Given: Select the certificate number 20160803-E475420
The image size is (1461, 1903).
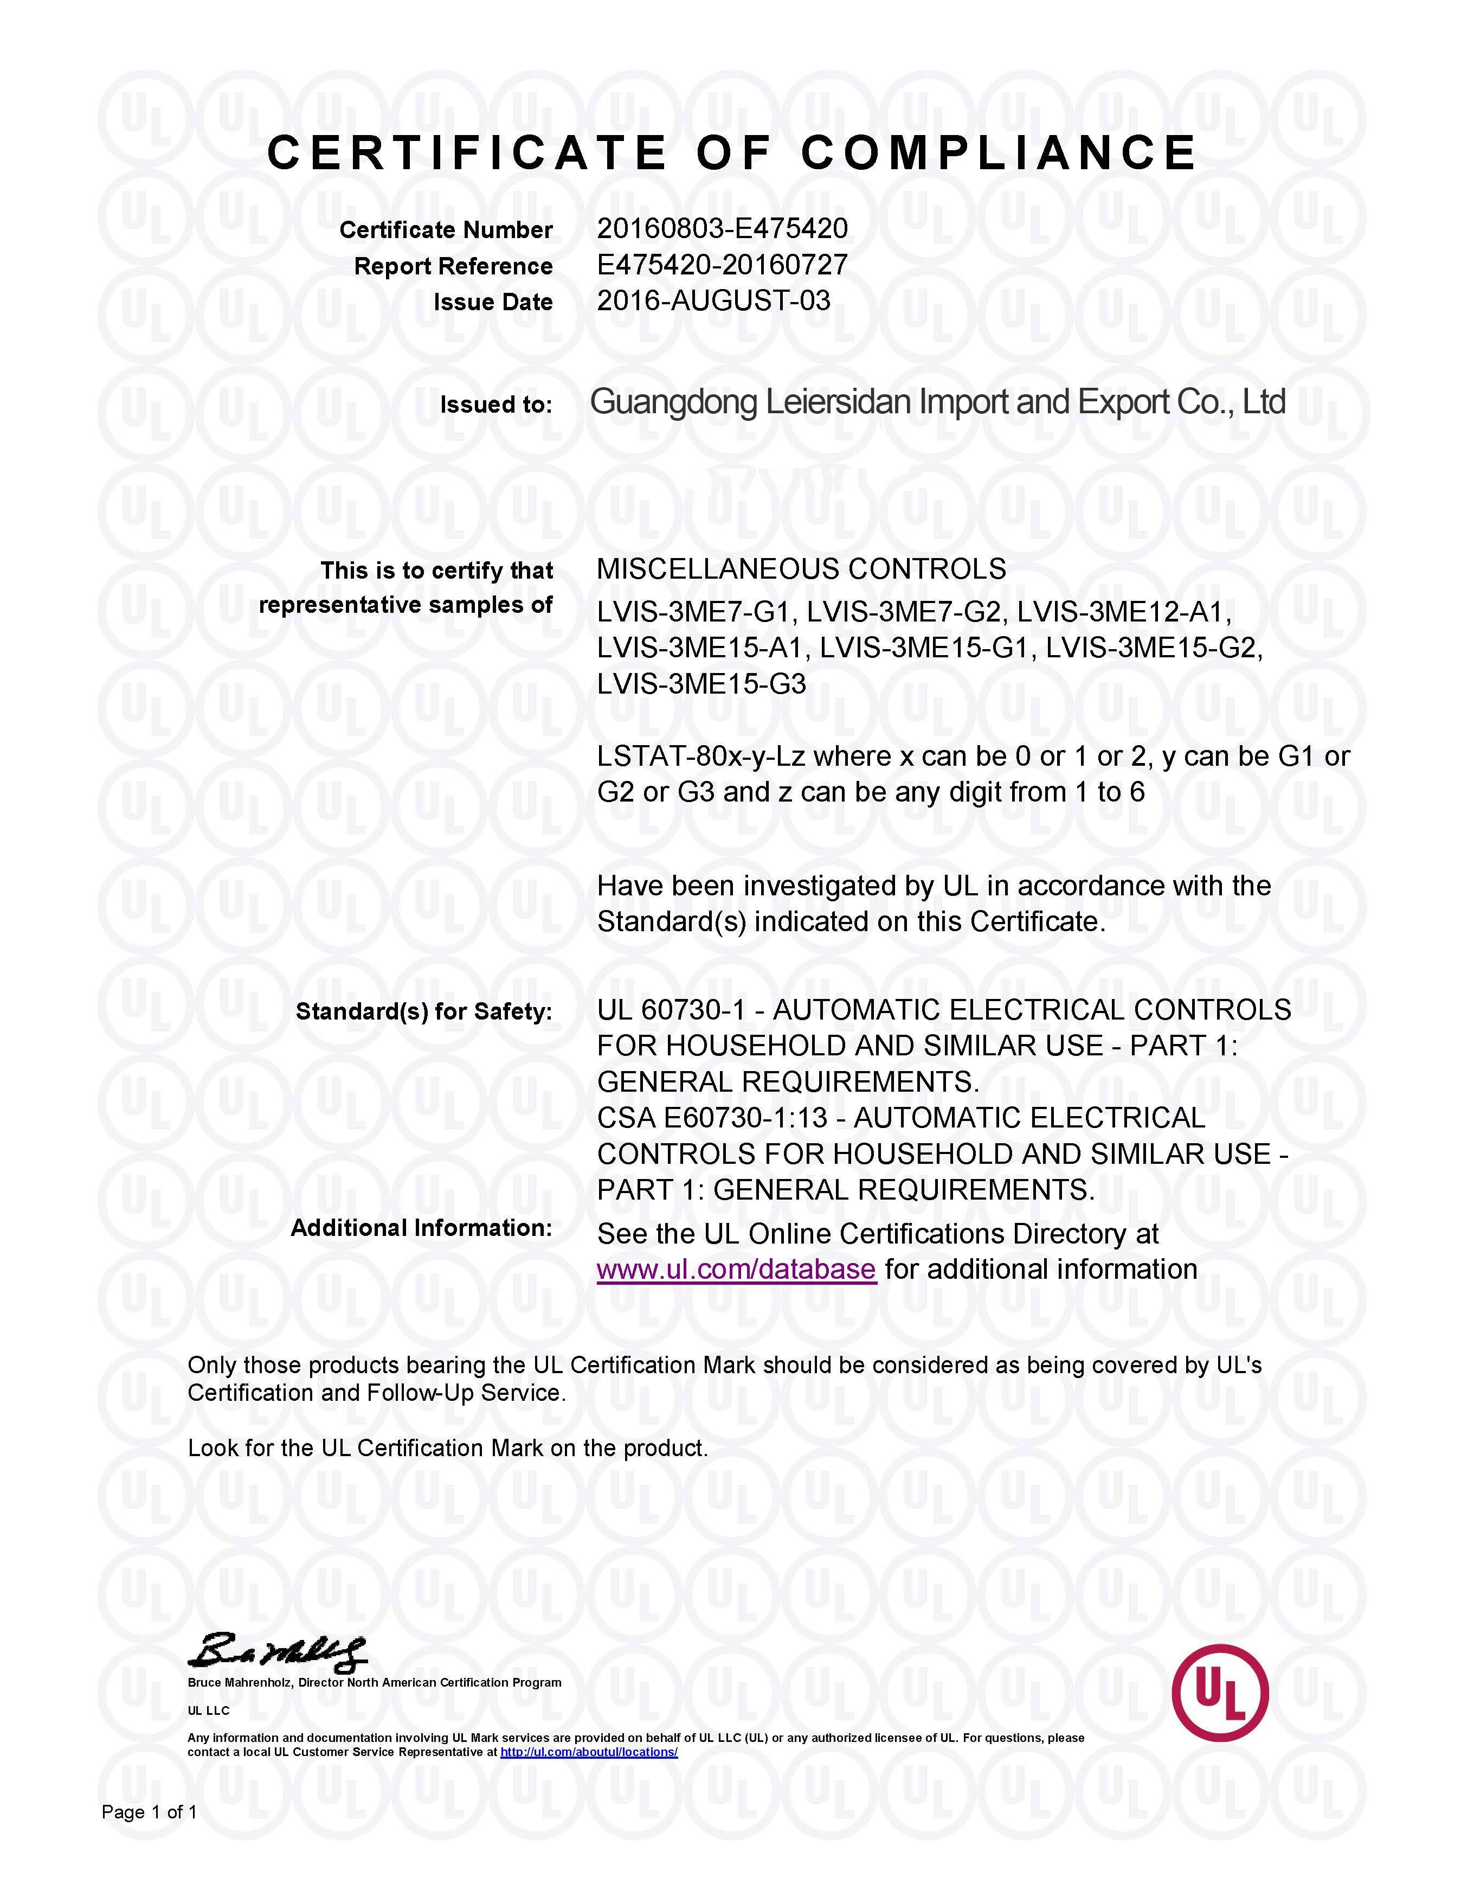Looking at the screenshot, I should [x=722, y=229].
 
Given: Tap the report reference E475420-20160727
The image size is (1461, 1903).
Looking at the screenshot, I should [x=722, y=265].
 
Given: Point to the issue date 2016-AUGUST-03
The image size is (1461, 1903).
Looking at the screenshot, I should [x=713, y=301].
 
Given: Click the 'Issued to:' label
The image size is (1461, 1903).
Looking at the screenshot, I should [x=495, y=405].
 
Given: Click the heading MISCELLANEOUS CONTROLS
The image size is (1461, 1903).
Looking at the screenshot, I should [x=801, y=569].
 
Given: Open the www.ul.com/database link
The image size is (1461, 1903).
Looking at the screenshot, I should [x=736, y=1269].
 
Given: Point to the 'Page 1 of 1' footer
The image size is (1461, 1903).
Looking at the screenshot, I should [x=150, y=1812].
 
